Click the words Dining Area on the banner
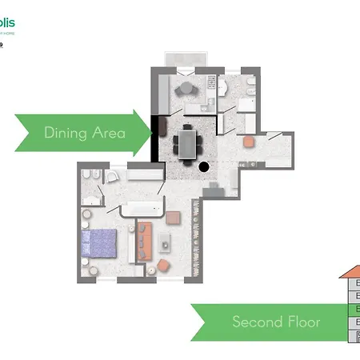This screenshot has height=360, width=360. click(x=85, y=133)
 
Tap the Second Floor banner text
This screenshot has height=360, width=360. click(x=276, y=322)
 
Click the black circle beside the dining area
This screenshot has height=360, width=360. click(x=204, y=167)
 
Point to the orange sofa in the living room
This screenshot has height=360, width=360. click(x=145, y=240)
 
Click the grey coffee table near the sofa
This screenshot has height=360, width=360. click(x=166, y=242)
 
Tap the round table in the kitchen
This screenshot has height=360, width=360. click(x=186, y=88)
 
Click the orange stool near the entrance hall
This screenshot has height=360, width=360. click(x=248, y=142)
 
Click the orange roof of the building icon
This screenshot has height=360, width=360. click(x=350, y=272)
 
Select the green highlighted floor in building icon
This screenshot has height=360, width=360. click(x=354, y=309)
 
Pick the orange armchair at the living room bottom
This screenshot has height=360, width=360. click(x=163, y=265)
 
